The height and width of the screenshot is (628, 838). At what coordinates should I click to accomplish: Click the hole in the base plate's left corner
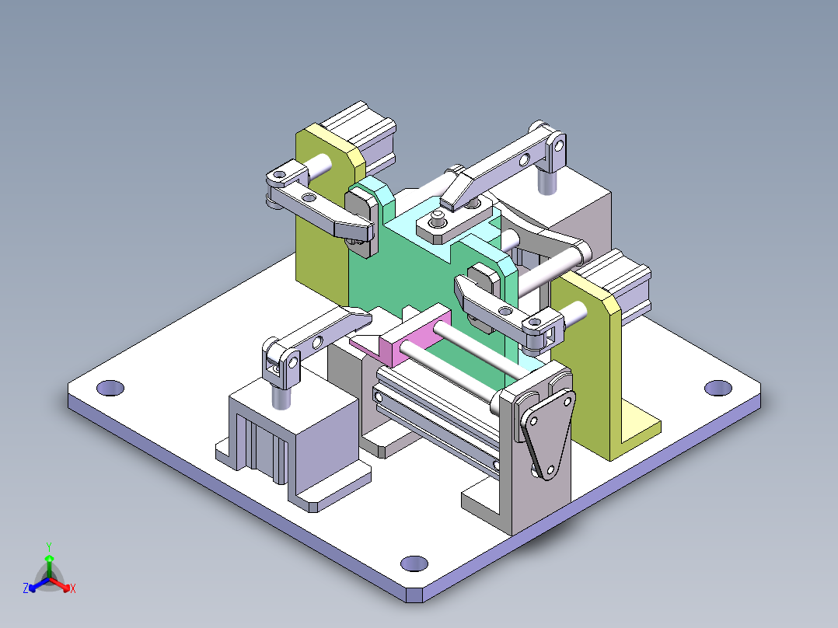tap(111, 386)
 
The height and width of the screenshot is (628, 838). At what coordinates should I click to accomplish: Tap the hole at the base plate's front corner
tap(414, 563)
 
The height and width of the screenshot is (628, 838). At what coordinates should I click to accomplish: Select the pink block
tap(412, 341)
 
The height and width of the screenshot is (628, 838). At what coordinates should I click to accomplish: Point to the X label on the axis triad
tap(73, 588)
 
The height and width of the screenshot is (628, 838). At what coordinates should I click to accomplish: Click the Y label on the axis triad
tap(48, 546)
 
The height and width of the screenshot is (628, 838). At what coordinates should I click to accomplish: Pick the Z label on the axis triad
tap(25, 588)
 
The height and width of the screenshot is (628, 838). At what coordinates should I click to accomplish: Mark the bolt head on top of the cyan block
tap(438, 223)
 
